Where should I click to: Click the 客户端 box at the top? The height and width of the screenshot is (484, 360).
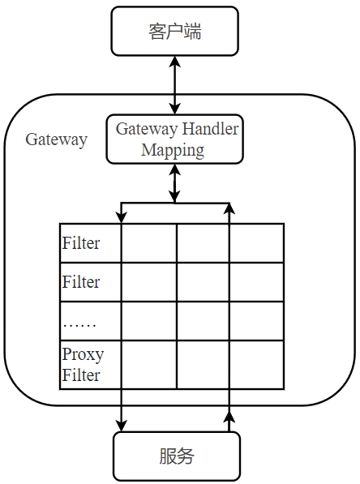click(174, 32)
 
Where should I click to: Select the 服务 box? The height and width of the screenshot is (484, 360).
click(176, 456)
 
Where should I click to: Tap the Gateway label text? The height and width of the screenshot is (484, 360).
click(56, 139)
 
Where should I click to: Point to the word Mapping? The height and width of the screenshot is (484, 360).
click(172, 150)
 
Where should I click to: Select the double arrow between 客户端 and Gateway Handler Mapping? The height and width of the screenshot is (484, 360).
click(174, 84)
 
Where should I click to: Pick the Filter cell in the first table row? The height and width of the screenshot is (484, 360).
click(81, 242)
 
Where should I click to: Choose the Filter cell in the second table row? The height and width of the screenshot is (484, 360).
click(81, 282)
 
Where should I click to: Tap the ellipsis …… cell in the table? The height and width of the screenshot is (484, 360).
click(79, 322)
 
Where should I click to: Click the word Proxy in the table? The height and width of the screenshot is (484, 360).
click(83, 354)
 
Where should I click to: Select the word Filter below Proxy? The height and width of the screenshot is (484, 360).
click(81, 375)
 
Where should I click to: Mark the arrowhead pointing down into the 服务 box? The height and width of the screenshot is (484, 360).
click(122, 423)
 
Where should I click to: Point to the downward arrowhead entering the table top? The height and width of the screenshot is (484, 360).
click(122, 216)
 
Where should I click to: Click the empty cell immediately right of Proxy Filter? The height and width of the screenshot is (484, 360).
click(148, 364)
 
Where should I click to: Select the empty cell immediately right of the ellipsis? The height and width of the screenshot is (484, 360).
click(148, 321)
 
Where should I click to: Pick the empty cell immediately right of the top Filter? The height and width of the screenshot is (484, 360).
click(148, 242)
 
